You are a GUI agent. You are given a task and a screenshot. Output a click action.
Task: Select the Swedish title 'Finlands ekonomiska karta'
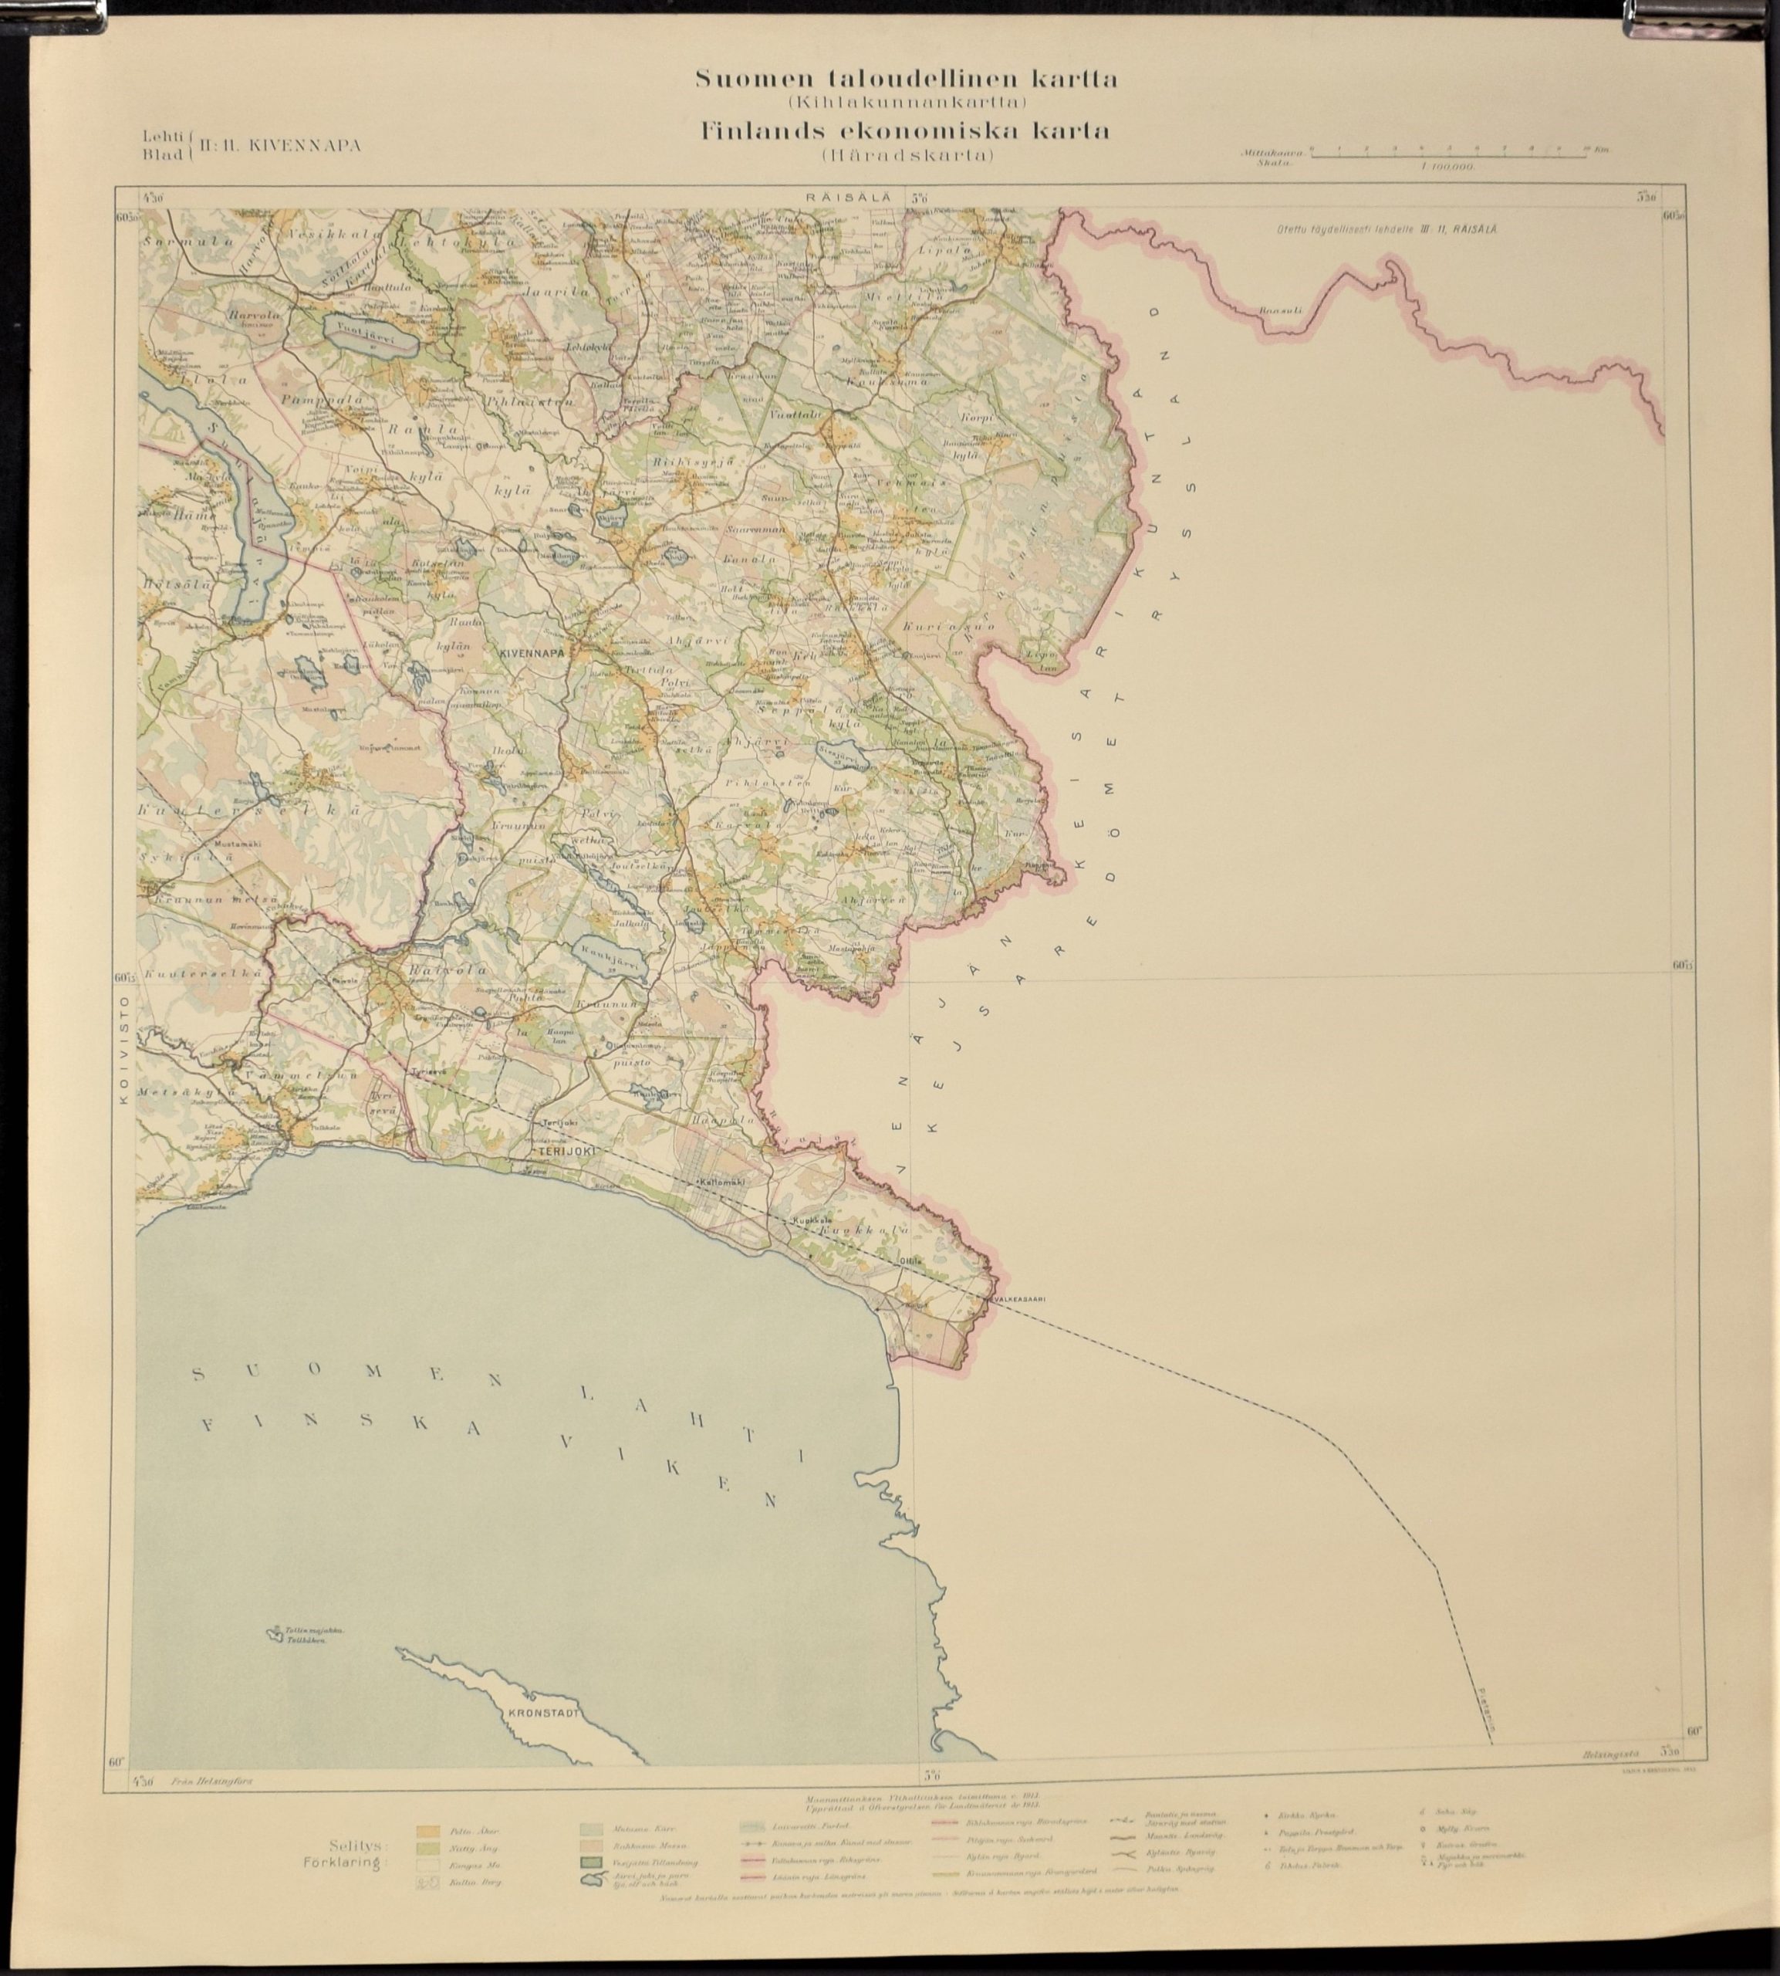point(905,131)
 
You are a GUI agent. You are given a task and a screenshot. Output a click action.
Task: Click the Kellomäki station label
point(721,1183)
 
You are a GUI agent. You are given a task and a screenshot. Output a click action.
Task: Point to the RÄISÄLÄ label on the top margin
point(847,197)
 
